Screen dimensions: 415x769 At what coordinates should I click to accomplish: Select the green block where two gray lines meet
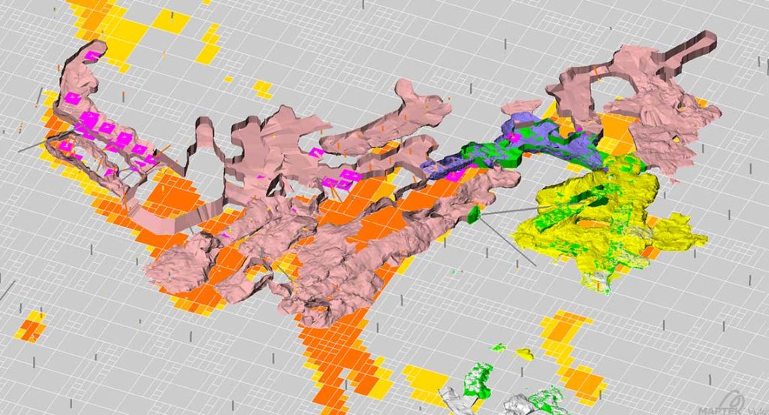click(474, 216)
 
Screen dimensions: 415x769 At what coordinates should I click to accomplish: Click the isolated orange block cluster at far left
click(32, 328)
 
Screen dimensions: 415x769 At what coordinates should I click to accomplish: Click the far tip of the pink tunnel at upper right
click(709, 38)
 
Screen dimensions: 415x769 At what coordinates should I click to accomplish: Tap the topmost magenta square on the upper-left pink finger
click(91, 56)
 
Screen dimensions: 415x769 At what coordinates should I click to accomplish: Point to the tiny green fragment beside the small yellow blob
click(498, 348)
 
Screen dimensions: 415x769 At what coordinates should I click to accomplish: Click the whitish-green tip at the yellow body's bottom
click(601, 282)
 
